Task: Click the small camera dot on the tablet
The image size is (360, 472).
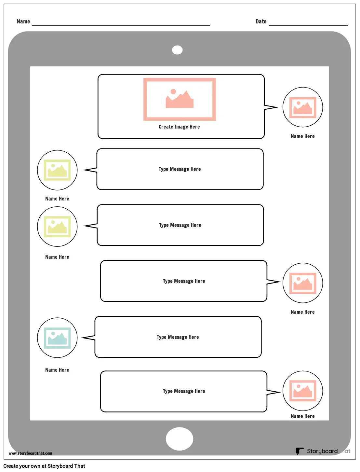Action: click(x=177, y=50)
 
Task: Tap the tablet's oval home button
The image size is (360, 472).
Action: click(x=180, y=439)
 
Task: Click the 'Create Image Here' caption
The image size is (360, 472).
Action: click(x=179, y=127)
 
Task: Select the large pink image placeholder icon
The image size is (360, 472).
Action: click(x=180, y=99)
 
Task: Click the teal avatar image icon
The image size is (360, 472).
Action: click(x=57, y=338)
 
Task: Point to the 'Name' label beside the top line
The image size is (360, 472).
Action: click(x=23, y=21)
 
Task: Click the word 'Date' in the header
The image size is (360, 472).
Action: click(x=261, y=21)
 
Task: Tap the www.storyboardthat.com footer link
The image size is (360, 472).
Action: click(x=30, y=453)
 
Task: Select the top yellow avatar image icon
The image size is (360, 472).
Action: click(x=57, y=170)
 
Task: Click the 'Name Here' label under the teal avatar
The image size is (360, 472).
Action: click(x=57, y=370)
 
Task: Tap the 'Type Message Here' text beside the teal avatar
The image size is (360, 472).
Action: click(x=178, y=337)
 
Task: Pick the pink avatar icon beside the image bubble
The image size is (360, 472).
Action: click(x=303, y=107)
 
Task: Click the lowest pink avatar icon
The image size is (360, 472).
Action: click(x=303, y=391)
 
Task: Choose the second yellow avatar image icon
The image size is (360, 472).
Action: click(x=57, y=227)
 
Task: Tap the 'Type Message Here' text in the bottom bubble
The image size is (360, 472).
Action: click(x=184, y=391)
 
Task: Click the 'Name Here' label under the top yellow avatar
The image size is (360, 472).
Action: click(x=57, y=199)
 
